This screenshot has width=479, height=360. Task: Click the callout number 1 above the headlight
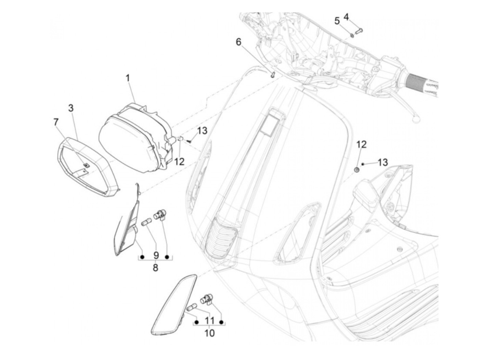(128, 78)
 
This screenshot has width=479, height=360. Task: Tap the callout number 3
(71, 108)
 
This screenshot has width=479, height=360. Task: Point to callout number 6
(238, 42)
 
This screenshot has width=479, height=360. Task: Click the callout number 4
(346, 17)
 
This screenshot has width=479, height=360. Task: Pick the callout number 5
(337, 21)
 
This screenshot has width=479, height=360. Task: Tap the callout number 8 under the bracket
(155, 268)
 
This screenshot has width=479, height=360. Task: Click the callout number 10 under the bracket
(209, 333)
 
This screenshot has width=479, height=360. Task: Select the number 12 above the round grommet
(361, 144)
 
